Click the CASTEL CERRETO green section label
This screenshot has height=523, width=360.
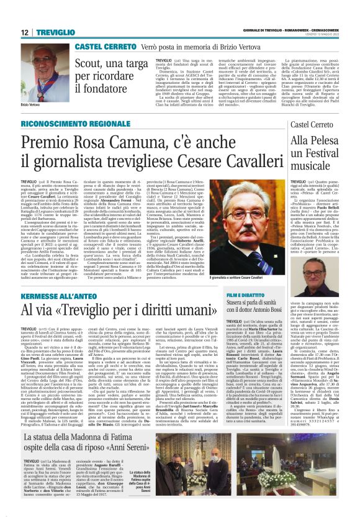[101, 47]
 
